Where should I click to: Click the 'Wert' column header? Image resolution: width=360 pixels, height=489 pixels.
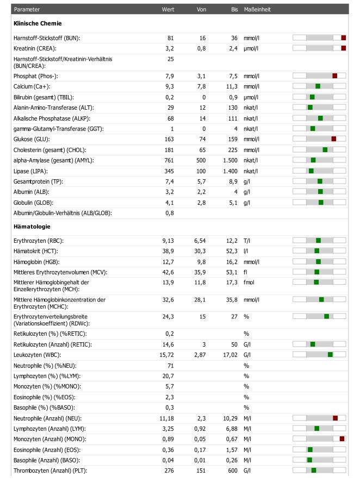pyautogui.click(x=167, y=9)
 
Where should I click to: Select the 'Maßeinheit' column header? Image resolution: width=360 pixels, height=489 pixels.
pyautogui.click(x=257, y=9)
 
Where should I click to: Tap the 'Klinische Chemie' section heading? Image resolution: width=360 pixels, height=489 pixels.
pyautogui.click(x=38, y=23)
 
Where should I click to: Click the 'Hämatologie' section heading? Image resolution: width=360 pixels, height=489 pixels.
pyautogui.click(x=32, y=227)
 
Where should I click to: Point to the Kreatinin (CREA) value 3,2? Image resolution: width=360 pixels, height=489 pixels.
pyautogui.click(x=170, y=49)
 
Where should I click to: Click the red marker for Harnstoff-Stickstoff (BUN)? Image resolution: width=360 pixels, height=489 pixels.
pyautogui.click(x=344, y=37)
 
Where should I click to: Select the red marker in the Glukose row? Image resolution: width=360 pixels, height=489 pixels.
pyautogui.click(x=334, y=139)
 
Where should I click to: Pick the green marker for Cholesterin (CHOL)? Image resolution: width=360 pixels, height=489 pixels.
pyautogui.click(x=325, y=150)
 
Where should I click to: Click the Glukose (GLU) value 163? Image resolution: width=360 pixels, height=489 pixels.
pyautogui.click(x=169, y=139)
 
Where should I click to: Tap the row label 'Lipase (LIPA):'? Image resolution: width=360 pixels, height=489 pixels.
pyautogui.click(x=30, y=171)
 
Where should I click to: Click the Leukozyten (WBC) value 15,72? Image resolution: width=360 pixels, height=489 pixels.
pyautogui.click(x=167, y=355)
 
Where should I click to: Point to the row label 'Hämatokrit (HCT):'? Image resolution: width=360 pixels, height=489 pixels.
pyautogui.click(x=35, y=251)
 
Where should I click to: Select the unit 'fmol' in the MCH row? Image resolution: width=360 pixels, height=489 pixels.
pyautogui.click(x=249, y=282)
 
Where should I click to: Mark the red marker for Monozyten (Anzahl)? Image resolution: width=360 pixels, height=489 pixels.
pyautogui.click(x=342, y=439)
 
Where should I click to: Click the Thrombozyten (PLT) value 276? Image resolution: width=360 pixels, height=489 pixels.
pyautogui.click(x=169, y=471)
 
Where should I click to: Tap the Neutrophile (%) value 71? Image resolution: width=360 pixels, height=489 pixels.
pyautogui.click(x=171, y=366)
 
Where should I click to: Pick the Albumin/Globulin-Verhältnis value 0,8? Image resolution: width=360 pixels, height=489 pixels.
pyautogui.click(x=170, y=213)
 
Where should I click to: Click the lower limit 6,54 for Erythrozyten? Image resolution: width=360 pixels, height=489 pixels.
pyautogui.click(x=200, y=241)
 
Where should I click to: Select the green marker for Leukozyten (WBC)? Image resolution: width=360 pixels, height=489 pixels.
pyautogui.click(x=330, y=354)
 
